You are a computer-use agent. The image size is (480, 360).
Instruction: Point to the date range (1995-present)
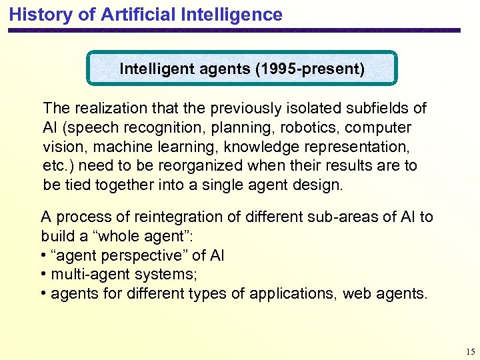tap(310, 69)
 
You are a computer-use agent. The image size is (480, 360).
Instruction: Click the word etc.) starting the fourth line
tap(57, 165)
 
